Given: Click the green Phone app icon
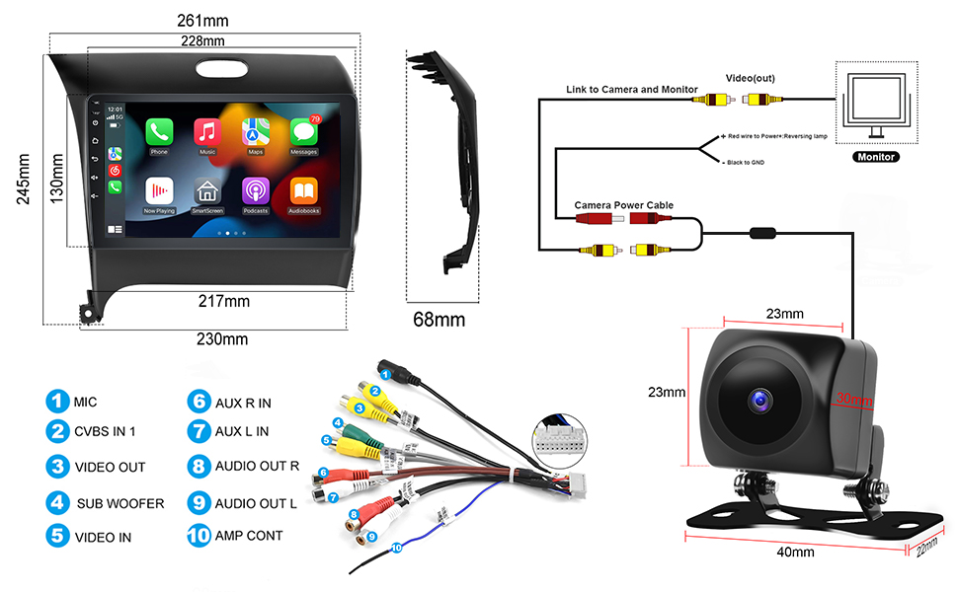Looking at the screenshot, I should point(159,132).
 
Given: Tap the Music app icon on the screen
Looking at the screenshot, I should point(207,132).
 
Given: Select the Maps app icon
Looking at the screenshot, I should point(256,132).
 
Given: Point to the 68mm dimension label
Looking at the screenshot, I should point(439,320).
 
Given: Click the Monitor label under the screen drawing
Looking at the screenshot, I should point(876,157).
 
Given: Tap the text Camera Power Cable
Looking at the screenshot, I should point(624,205).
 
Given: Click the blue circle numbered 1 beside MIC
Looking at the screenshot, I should point(56,402).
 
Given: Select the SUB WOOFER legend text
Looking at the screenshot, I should point(120,503).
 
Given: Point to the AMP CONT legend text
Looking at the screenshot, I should point(249,536).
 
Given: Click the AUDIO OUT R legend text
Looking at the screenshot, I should point(256,467).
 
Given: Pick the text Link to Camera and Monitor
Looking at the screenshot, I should point(632,89).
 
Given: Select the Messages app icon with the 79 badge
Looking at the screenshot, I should point(304,132).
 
